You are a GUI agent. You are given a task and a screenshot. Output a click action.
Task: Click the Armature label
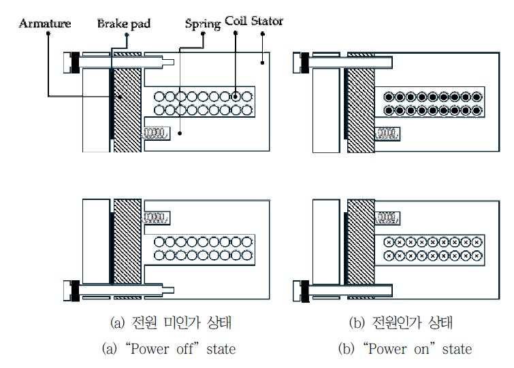45,24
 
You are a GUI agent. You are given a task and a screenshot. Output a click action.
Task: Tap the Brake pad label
123,24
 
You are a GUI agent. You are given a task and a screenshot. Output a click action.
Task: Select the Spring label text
203,24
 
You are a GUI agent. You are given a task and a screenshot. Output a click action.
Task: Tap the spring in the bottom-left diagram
156,218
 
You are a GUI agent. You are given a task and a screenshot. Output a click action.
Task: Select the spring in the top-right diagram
387,133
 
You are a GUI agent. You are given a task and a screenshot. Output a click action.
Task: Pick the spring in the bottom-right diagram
387,218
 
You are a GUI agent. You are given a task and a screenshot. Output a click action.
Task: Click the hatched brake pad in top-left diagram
127,102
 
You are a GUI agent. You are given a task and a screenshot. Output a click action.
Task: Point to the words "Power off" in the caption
152,349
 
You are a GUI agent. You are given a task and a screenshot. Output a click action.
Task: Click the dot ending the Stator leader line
262,63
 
